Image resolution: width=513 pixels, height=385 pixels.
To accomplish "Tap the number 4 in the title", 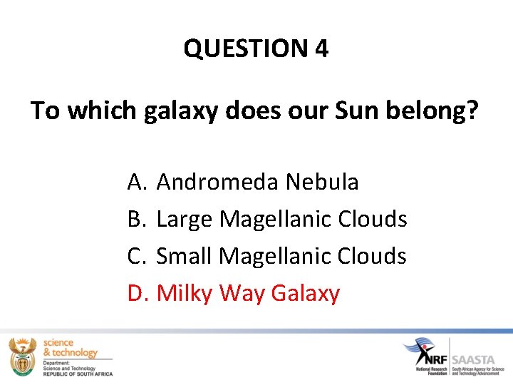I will (x=321, y=48).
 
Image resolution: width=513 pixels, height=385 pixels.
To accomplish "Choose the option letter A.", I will (x=136, y=183).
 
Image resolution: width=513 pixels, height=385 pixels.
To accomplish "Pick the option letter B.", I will (x=136, y=219).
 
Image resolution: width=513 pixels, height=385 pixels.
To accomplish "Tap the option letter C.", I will (x=136, y=256).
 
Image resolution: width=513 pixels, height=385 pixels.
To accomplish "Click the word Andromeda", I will (x=218, y=183).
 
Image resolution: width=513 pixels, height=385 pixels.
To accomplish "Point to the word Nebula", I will (x=322, y=183).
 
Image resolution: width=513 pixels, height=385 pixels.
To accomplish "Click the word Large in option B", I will (x=185, y=220).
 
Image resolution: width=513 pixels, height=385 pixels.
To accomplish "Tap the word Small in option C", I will (x=185, y=256).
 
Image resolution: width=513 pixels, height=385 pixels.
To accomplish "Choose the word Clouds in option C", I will (x=373, y=256).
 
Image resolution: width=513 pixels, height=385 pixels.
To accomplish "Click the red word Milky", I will (x=185, y=293).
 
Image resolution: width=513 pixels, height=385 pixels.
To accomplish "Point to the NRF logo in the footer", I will (x=427, y=353).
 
